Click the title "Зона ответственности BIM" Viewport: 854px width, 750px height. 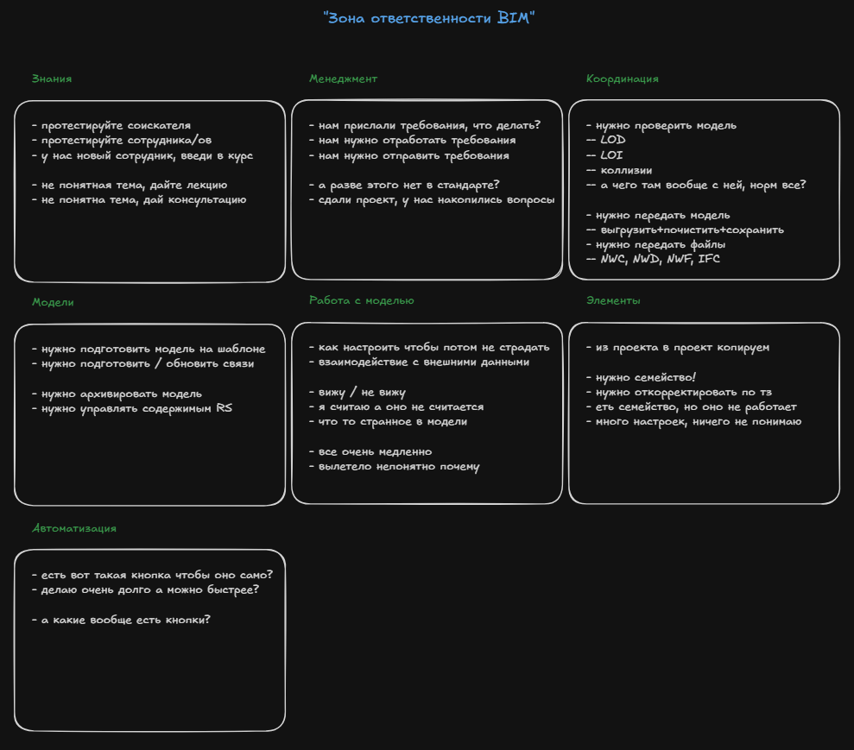428,18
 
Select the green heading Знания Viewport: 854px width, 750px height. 52,79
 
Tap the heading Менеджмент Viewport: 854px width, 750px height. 343,79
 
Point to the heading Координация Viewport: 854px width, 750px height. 622,79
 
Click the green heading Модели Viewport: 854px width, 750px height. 53,302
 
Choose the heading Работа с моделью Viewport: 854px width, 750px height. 362,300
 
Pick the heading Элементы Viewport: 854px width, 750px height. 613,300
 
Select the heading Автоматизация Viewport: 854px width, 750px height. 74,528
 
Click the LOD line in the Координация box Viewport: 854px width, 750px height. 605,140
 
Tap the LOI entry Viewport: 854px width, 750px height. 604,155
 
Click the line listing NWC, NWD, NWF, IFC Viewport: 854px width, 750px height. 653,259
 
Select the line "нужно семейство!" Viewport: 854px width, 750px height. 641,377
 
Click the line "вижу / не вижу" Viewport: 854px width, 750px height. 357,393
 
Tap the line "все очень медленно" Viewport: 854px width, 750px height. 370,451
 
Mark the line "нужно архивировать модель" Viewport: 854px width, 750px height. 117,394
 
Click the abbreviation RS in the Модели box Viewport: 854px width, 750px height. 224,408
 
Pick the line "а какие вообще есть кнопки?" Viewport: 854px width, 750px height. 121,620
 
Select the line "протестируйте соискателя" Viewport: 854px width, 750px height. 111,126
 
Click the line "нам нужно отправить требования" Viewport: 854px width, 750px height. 409,155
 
